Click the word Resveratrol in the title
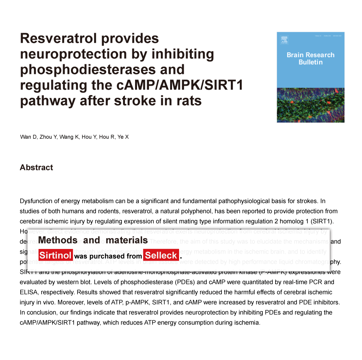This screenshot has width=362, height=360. tap(58, 38)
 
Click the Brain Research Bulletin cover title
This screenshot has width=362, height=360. tap(310, 58)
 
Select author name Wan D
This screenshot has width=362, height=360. tap(29, 137)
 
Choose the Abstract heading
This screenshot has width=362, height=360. tap(36, 168)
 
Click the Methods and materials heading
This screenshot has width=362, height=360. tap(93, 240)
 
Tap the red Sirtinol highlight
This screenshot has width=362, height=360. tap(56, 256)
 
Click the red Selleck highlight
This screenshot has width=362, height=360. tap(161, 256)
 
